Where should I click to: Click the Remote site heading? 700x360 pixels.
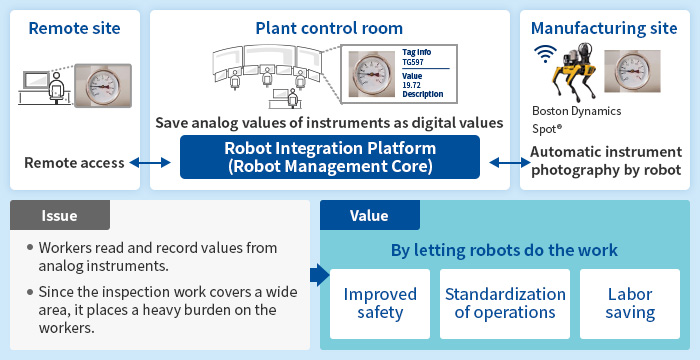click(x=75, y=28)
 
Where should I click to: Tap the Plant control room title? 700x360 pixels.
click(x=329, y=28)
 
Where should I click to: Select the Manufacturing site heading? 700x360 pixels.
click(x=604, y=28)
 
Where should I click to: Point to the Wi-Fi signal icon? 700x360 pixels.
click(x=545, y=53)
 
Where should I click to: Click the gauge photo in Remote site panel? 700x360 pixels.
click(x=103, y=86)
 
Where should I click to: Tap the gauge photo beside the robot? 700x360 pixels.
click(x=632, y=71)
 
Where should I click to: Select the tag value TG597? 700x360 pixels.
click(x=413, y=63)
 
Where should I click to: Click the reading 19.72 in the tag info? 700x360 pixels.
click(x=412, y=85)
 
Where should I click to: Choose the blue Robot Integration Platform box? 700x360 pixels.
click(x=330, y=157)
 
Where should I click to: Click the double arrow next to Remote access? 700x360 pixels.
click(x=150, y=163)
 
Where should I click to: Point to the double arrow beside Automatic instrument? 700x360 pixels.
click(x=509, y=163)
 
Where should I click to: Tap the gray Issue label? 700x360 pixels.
click(x=60, y=215)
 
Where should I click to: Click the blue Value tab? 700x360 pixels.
click(x=370, y=215)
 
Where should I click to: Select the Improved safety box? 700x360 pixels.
click(x=380, y=304)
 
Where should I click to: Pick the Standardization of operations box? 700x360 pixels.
click(x=505, y=304)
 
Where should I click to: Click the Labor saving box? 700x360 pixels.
click(x=630, y=304)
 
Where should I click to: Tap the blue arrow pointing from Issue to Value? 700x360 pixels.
click(x=319, y=275)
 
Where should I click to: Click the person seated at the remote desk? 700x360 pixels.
click(x=57, y=88)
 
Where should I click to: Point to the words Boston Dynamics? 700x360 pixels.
click(x=576, y=111)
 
